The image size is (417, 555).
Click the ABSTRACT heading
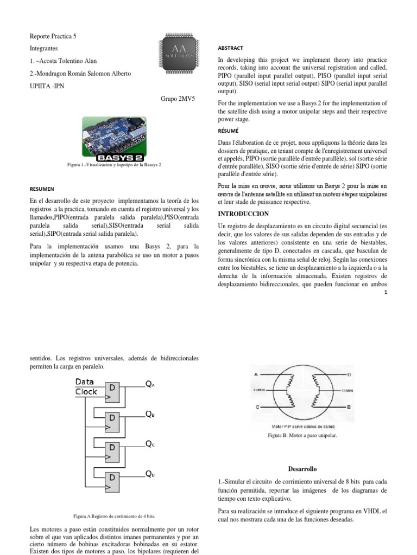click(230, 48)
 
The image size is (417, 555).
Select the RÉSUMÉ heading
click(228, 131)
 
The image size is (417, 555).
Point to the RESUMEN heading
click(42, 189)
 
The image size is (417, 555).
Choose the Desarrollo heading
click(302, 468)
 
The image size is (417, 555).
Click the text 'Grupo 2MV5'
click(178, 100)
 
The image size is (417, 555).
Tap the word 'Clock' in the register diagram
click(86, 391)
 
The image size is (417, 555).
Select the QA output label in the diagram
click(150, 384)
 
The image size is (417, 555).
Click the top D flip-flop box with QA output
click(112, 391)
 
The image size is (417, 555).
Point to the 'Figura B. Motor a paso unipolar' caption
click(302, 435)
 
